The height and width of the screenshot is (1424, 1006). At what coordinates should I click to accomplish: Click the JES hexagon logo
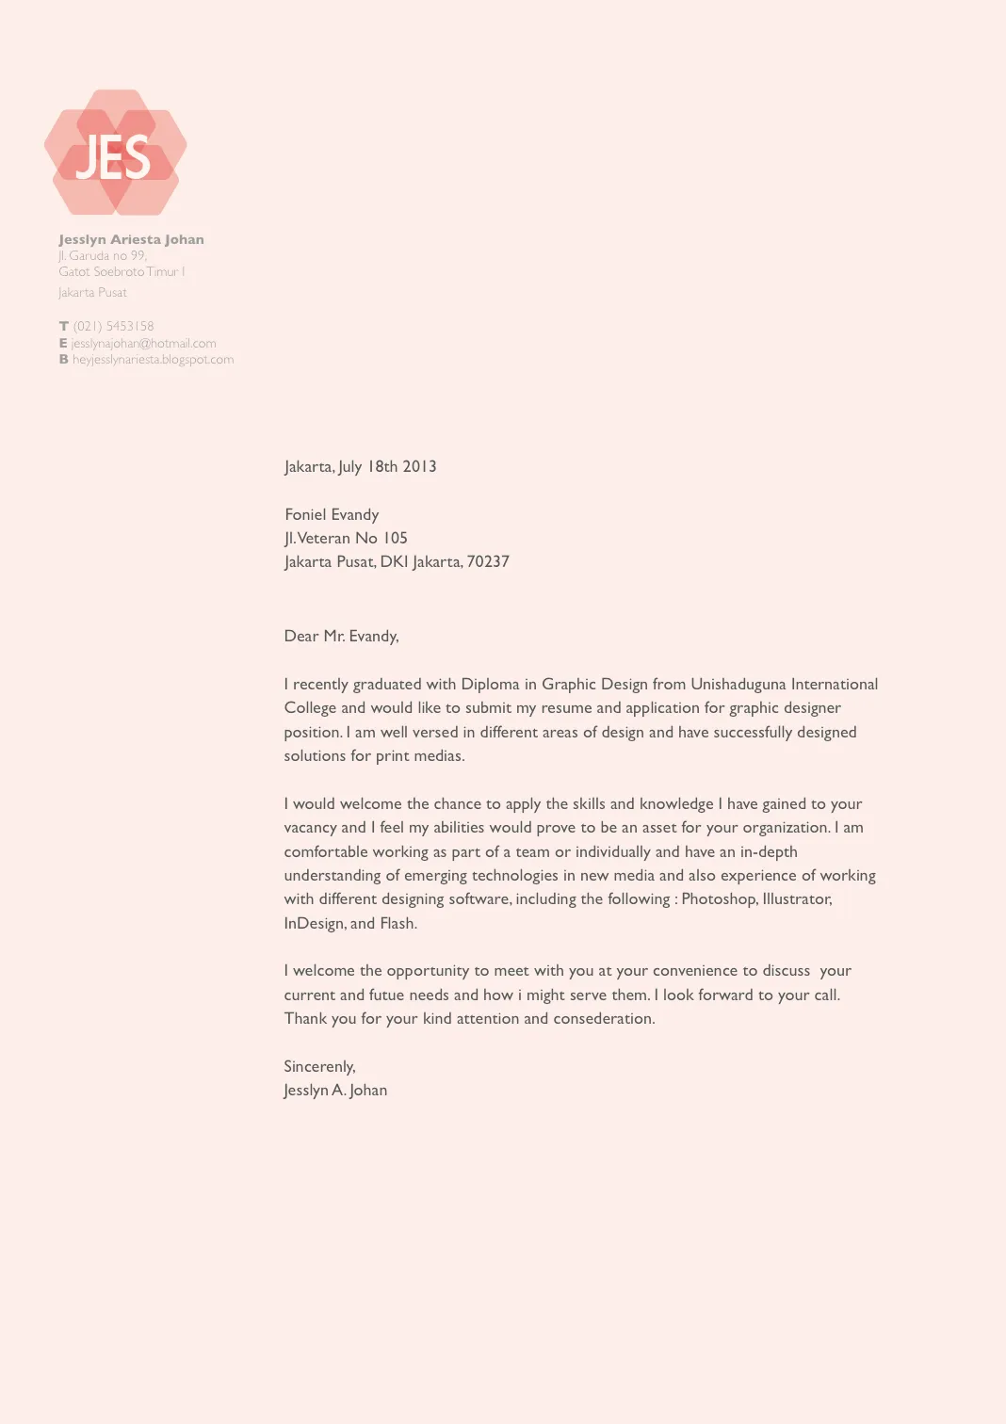pyautogui.click(x=115, y=153)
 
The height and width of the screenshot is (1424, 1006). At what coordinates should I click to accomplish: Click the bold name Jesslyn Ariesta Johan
pyautogui.click(x=131, y=239)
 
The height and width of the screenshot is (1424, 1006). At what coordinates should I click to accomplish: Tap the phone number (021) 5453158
pyautogui.click(x=113, y=326)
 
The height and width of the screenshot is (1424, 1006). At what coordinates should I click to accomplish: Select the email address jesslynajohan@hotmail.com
pyautogui.click(x=143, y=343)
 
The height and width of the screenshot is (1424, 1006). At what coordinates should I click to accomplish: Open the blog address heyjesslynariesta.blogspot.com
pyautogui.click(x=153, y=359)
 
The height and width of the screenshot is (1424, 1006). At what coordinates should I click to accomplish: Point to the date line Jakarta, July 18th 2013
pyautogui.click(x=360, y=466)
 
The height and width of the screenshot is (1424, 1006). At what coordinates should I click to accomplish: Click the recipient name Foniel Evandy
pyautogui.click(x=332, y=514)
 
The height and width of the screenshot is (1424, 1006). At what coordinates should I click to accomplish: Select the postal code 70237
pyautogui.click(x=488, y=561)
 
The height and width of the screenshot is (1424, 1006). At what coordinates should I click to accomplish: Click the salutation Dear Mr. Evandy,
pyautogui.click(x=341, y=636)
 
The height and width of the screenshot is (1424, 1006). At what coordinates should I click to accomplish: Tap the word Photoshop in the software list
pyautogui.click(x=719, y=898)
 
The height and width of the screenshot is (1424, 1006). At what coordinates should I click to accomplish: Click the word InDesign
pyautogui.click(x=314, y=923)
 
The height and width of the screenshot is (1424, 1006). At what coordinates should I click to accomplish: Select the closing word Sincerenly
pyautogui.click(x=319, y=1066)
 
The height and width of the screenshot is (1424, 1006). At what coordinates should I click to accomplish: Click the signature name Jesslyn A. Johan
pyautogui.click(x=335, y=1090)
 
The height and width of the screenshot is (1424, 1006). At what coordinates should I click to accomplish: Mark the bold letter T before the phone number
pyautogui.click(x=64, y=326)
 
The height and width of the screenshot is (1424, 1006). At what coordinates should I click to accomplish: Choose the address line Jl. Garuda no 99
pyautogui.click(x=103, y=255)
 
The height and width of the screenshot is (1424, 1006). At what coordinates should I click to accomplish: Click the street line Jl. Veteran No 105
pyautogui.click(x=346, y=538)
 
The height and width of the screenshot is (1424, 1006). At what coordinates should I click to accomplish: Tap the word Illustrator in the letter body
pyautogui.click(x=797, y=898)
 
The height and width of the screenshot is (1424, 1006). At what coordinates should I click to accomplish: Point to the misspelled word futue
pyautogui.click(x=386, y=995)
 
